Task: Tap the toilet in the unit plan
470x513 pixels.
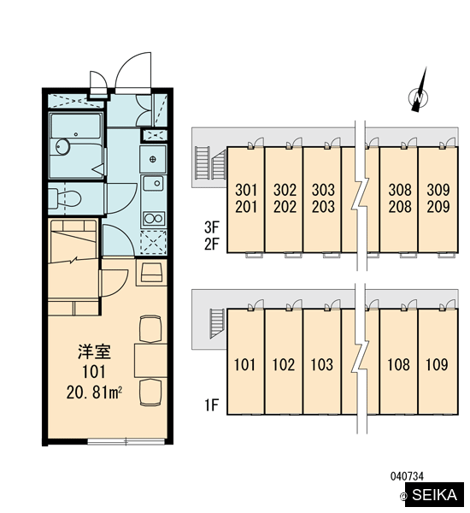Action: (x=65, y=198)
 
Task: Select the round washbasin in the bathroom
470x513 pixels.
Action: (x=62, y=147)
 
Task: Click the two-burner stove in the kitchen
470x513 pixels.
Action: (x=154, y=218)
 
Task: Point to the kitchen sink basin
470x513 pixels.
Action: (x=154, y=183)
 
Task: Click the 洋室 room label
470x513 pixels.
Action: (x=94, y=351)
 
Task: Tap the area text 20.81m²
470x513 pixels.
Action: (x=94, y=392)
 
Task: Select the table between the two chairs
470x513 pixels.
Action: (x=150, y=360)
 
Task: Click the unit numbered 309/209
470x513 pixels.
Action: (x=438, y=199)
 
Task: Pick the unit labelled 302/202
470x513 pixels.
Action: (x=284, y=199)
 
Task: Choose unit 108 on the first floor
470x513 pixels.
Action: (x=399, y=362)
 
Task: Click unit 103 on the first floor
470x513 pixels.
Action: (x=322, y=362)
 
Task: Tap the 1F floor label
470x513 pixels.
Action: (x=211, y=405)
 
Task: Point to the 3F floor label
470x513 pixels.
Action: (x=211, y=227)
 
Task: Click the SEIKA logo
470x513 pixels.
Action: (x=434, y=495)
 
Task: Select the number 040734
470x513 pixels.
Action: (x=407, y=476)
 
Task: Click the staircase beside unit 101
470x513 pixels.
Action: (x=217, y=323)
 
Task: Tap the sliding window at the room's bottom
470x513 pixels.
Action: (x=126, y=442)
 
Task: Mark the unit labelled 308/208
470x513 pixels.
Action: (x=399, y=199)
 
